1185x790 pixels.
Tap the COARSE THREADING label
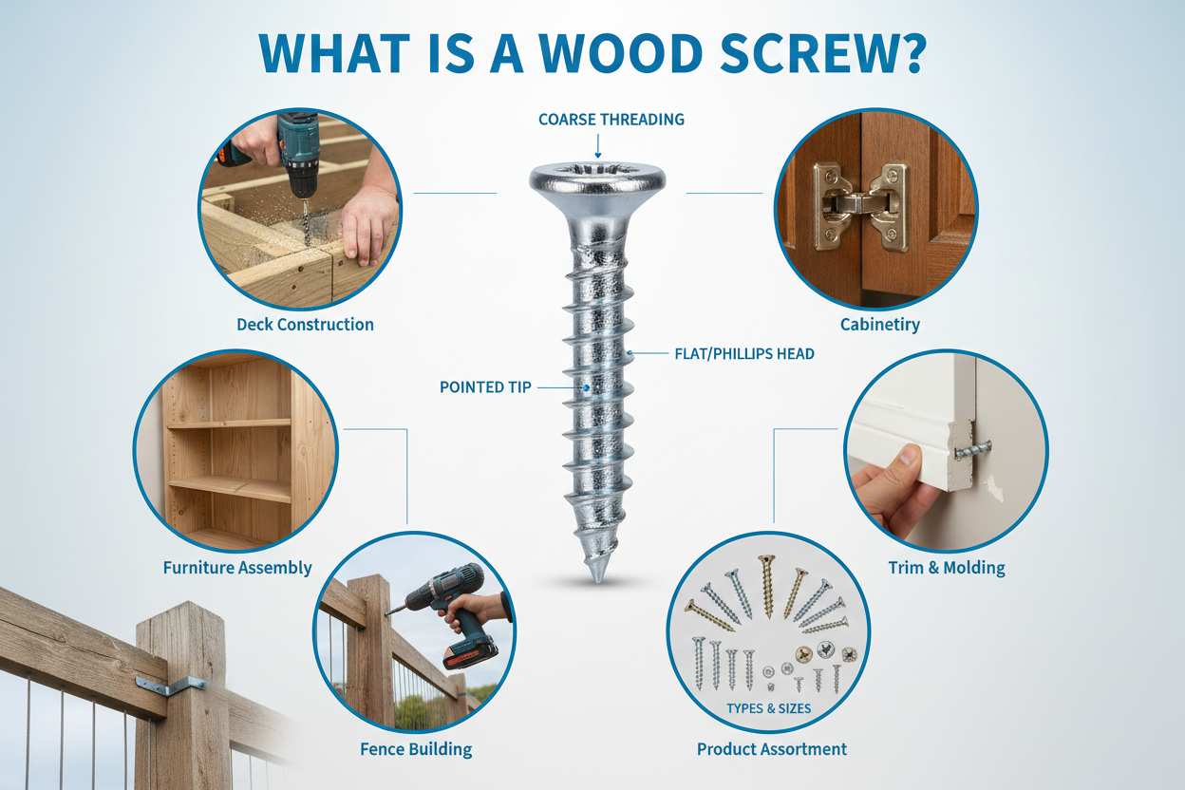pyautogui.click(x=611, y=120)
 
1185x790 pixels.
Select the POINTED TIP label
pyautogui.click(x=485, y=387)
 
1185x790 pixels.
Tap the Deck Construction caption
pyautogui.click(x=305, y=325)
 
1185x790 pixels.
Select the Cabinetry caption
pyautogui.click(x=879, y=325)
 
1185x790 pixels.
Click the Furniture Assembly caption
pyautogui.click(x=237, y=568)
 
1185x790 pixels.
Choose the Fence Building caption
pyautogui.click(x=416, y=749)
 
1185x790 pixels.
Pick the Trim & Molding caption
pyautogui.click(x=946, y=568)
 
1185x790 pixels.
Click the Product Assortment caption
pyautogui.click(x=771, y=749)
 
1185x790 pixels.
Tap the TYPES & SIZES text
pyautogui.click(x=768, y=709)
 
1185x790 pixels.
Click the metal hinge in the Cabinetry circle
pyautogui.click(x=860, y=203)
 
